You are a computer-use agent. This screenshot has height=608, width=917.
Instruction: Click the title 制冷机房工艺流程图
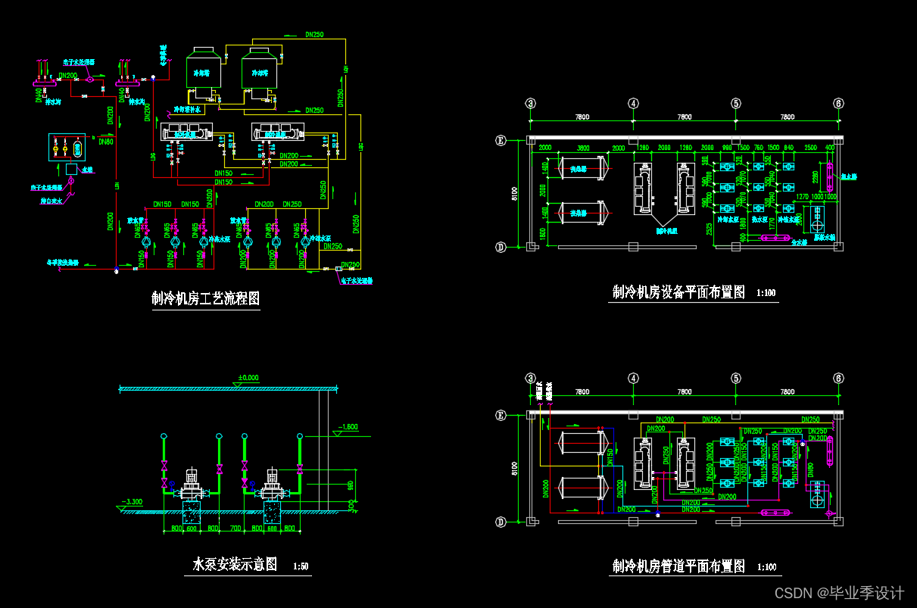coord(206,298)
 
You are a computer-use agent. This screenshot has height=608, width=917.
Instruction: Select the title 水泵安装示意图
coord(235,564)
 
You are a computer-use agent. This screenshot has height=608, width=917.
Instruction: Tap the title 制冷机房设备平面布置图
coord(679,292)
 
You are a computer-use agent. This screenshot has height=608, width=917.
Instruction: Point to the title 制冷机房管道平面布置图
coord(679,566)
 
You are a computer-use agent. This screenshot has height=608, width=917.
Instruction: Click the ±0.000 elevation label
coord(248,377)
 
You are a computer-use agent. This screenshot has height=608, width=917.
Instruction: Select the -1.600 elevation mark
coord(348,426)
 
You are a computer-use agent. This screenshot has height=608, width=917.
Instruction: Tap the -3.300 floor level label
coord(133,501)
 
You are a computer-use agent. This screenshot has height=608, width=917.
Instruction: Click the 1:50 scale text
coord(301,566)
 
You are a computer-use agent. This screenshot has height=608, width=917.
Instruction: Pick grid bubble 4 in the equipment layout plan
coord(634,104)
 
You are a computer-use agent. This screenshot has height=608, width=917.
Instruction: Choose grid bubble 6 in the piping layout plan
coord(838,379)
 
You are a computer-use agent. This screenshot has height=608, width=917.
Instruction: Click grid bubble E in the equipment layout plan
coord(521,140)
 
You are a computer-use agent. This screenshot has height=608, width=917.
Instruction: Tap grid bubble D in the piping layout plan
coord(521,522)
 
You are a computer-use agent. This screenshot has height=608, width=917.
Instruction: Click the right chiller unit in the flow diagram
coord(278,133)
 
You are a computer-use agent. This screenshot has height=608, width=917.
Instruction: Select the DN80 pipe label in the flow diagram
coord(105,142)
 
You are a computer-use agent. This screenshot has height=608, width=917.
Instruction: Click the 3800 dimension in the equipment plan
coord(582,148)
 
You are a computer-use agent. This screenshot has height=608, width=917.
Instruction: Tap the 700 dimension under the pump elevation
coord(235,528)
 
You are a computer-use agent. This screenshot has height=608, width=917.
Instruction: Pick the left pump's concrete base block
coord(191,512)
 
